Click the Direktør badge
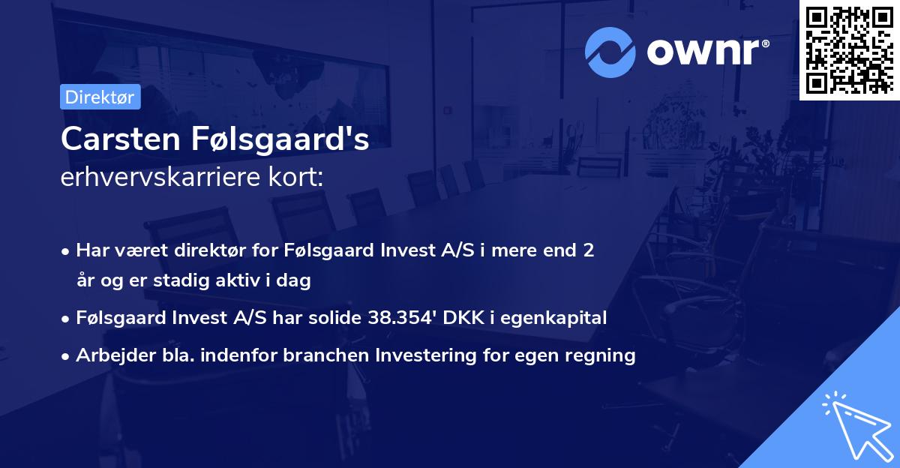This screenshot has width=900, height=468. pyautogui.click(x=100, y=97)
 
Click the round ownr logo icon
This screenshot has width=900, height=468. pyautogui.click(x=610, y=52)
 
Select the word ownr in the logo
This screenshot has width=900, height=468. pyautogui.click(x=707, y=52)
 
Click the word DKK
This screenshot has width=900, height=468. pyautogui.click(x=463, y=318)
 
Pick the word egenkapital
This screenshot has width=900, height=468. pyautogui.click(x=553, y=318)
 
